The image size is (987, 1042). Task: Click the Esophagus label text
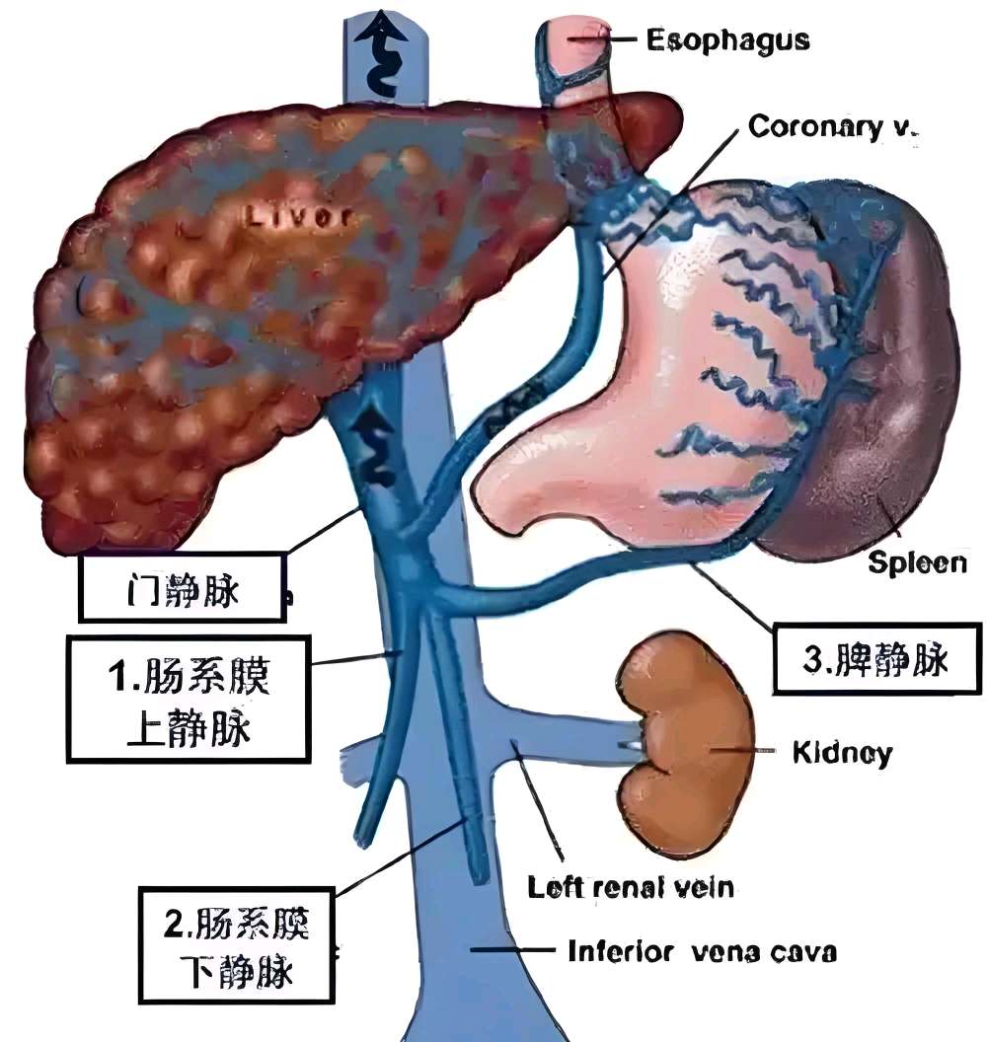click(x=727, y=39)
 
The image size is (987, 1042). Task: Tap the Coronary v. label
click(x=833, y=126)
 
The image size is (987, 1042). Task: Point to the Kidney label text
click(x=842, y=754)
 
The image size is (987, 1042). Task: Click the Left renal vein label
click(x=631, y=887)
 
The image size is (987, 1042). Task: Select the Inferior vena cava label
click(x=702, y=952)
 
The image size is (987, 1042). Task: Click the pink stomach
click(x=632, y=395)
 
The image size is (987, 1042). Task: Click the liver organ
click(x=197, y=345)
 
